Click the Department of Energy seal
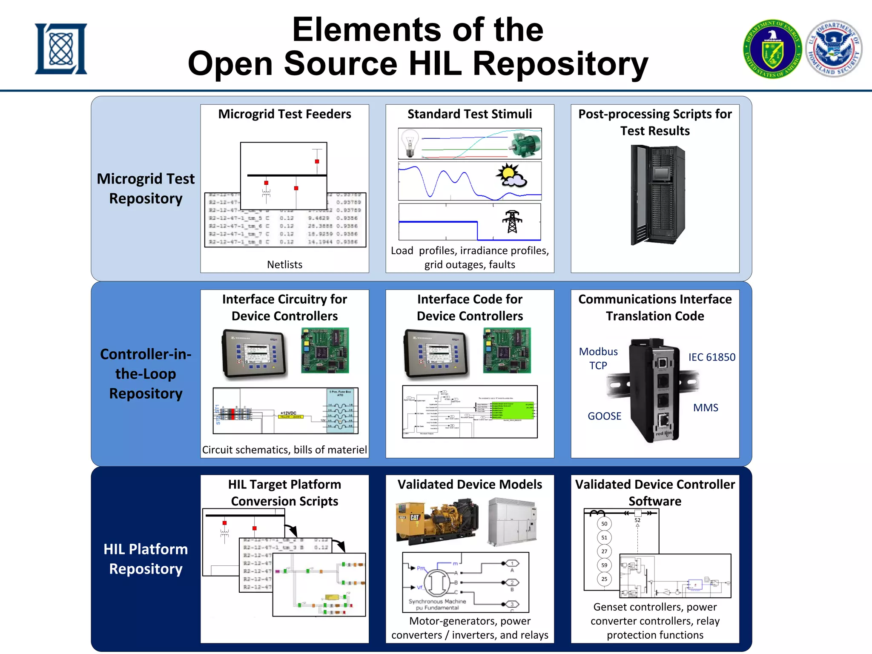pos(772,49)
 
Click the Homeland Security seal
pos(834,49)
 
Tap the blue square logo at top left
pos(61,49)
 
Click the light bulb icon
pos(409,142)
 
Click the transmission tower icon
pos(512,221)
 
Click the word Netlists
pos(284,265)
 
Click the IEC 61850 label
pos(711,357)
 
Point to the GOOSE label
pos(604,416)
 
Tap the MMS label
pos(706,408)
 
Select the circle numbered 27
pos(604,551)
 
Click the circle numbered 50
pos(604,524)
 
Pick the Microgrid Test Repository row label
pos(146,189)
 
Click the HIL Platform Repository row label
pos(146,559)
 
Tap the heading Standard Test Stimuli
pos(470,114)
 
